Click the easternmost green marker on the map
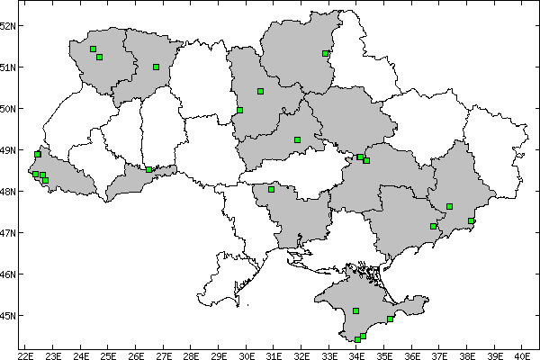472,220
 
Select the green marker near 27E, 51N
156,67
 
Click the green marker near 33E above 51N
325,53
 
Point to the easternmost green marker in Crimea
390,319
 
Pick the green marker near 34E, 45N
356,310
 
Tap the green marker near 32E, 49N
297,139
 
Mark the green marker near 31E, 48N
271,189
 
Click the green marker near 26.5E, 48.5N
148,169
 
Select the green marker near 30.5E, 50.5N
260,91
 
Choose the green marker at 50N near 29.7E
239,110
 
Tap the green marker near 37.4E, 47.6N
449,206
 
